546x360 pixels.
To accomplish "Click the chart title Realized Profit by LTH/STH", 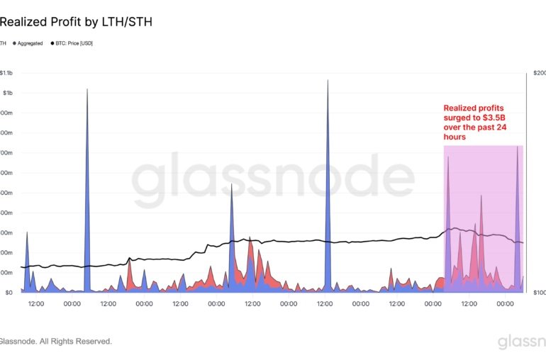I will (x=76, y=22).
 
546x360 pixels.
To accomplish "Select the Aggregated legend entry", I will (x=30, y=43).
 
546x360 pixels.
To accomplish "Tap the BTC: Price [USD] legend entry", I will (x=74, y=43).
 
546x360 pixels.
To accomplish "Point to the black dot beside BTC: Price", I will (x=52, y=43).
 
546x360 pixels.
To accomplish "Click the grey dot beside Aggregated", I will (x=14, y=43).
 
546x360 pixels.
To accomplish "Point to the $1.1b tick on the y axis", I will (x=6, y=73).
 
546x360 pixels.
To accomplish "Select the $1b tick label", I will (x=7, y=93).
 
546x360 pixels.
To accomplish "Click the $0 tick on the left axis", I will (x=9, y=292).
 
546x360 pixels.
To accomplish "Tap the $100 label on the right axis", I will (x=538, y=292).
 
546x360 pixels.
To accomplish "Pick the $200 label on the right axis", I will (x=538, y=73).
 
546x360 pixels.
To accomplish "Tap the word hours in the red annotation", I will (x=455, y=137).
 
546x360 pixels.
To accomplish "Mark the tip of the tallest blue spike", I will (x=328, y=80).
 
